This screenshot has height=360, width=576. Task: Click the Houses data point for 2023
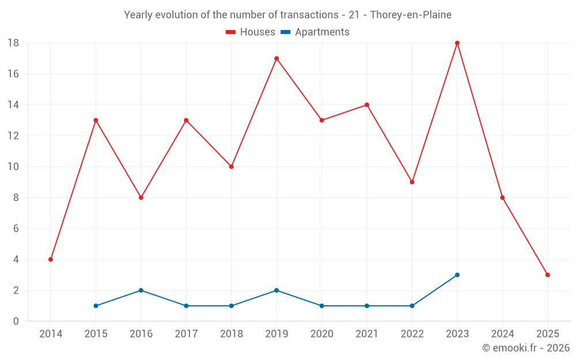(457, 43)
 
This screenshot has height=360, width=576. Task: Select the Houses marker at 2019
(276, 58)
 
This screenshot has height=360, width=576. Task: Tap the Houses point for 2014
(51, 259)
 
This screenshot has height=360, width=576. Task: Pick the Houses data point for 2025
(547, 275)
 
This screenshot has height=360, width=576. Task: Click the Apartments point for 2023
(457, 275)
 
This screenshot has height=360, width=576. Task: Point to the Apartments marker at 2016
(141, 290)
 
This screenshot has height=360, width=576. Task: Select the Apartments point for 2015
(96, 306)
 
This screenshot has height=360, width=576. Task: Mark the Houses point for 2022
(412, 182)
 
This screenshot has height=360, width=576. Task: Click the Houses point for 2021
(367, 105)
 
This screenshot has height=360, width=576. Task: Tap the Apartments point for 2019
(276, 290)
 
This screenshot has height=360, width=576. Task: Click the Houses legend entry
(251, 32)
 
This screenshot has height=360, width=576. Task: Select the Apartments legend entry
(315, 32)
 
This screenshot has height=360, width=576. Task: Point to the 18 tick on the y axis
(13, 43)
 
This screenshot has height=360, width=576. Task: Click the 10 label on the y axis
(13, 167)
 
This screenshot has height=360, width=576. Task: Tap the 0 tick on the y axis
(16, 321)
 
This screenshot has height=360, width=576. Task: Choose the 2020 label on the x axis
(321, 334)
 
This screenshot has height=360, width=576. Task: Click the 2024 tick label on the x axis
(502, 334)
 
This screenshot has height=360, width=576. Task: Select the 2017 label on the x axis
(186, 334)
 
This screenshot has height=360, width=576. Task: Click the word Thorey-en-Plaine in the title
(411, 14)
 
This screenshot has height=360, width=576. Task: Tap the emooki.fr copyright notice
(525, 348)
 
